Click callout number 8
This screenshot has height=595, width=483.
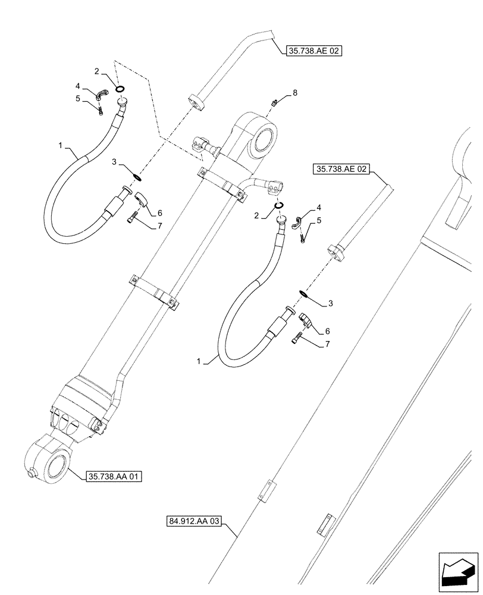(294, 93)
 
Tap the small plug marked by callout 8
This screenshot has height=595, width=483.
(274, 103)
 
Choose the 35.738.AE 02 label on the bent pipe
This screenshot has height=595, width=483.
(309, 51)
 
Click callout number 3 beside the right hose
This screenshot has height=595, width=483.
(331, 303)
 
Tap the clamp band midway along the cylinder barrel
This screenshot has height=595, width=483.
(155, 292)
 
